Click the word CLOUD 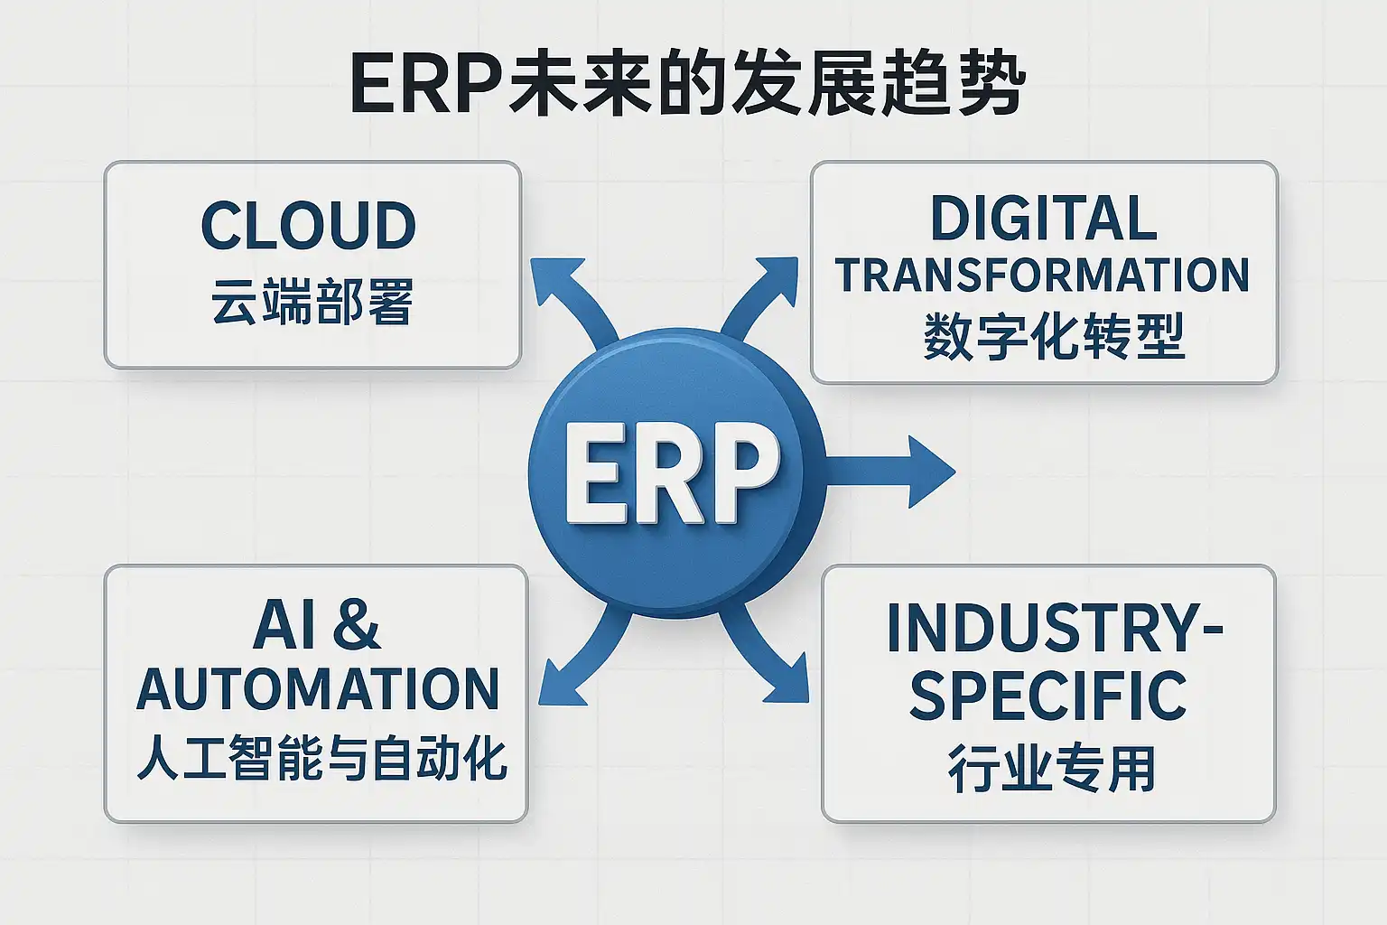308,225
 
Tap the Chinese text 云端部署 312,302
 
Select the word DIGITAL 1043,218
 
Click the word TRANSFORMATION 1042,276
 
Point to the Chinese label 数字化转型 1054,336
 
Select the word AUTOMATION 318,689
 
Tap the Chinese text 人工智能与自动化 322,758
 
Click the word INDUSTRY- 1055,628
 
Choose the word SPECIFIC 1047,696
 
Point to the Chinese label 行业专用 1051,768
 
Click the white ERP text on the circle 673,474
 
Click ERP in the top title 426,83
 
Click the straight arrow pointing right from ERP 890,472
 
